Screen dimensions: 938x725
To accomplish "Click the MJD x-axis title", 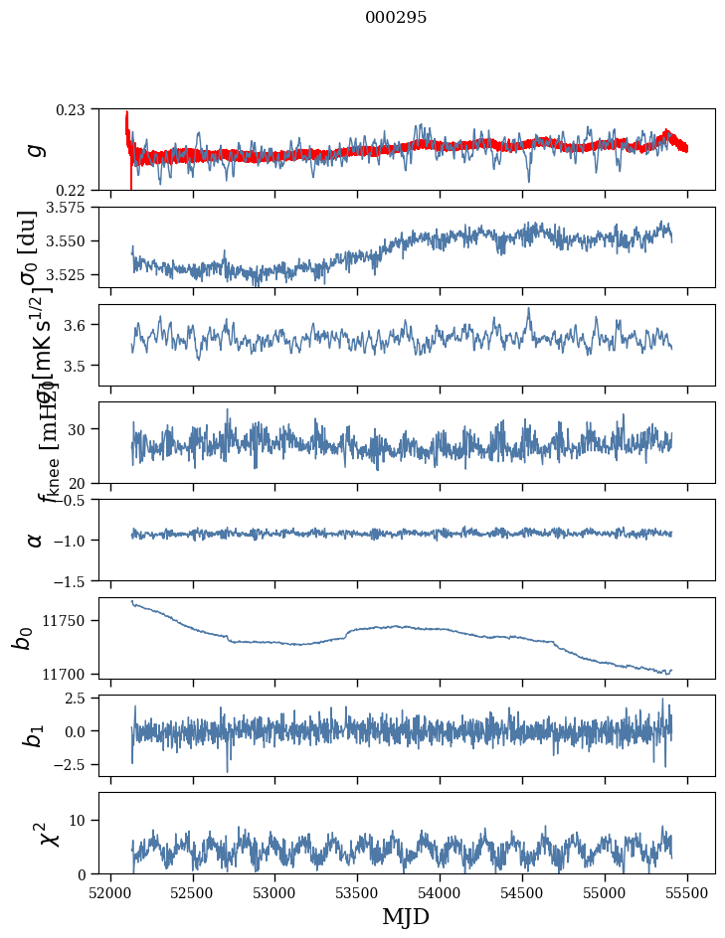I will pyautogui.click(x=407, y=917).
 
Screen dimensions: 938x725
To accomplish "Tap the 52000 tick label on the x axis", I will pyautogui.click(x=110, y=891).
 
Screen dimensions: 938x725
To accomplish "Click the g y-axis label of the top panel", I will pyautogui.click(x=36, y=149).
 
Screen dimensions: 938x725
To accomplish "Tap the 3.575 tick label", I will pyautogui.click(x=70, y=208).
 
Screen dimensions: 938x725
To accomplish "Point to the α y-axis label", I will pyautogui.click(x=36, y=540).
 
